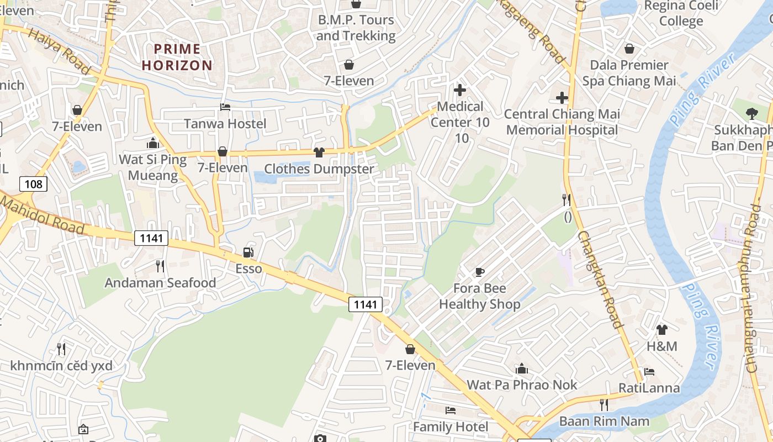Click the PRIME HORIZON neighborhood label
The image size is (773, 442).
pos(177,57)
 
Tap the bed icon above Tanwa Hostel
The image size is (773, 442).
pos(225,107)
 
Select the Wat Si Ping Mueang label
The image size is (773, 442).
pos(153,167)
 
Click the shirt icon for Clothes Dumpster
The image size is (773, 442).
pos(319,152)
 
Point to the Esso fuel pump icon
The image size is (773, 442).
pos(248,253)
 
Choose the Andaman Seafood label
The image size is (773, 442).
pos(160,283)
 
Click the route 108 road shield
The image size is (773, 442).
pos(33,183)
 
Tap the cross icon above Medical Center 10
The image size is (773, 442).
pos(459,90)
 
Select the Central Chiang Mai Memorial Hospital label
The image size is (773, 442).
pos(562,122)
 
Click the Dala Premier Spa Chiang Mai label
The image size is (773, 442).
pos(629,73)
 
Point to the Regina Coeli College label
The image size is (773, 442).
pos(681,13)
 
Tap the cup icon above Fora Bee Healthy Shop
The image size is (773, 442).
pos(479,272)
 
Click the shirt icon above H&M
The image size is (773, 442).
pos(661,330)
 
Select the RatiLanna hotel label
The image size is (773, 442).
pos(649,388)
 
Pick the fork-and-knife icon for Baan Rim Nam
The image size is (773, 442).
pos(603,405)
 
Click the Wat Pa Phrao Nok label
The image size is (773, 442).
pos(522,385)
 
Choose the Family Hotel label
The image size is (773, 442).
pos(451,427)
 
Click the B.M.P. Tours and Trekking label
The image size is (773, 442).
pos(356,28)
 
